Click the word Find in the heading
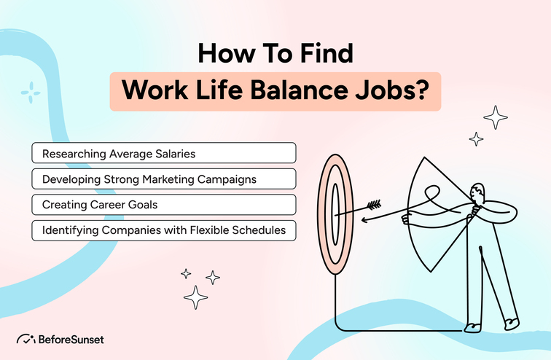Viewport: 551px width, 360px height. tap(324, 54)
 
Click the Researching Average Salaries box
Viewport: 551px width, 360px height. tap(164, 153)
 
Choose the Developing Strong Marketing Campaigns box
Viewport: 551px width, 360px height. tap(164, 179)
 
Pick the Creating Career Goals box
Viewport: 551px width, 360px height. tap(164, 205)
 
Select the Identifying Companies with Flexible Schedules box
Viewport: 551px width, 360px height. tap(164, 231)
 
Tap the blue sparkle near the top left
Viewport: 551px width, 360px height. tap(30, 92)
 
